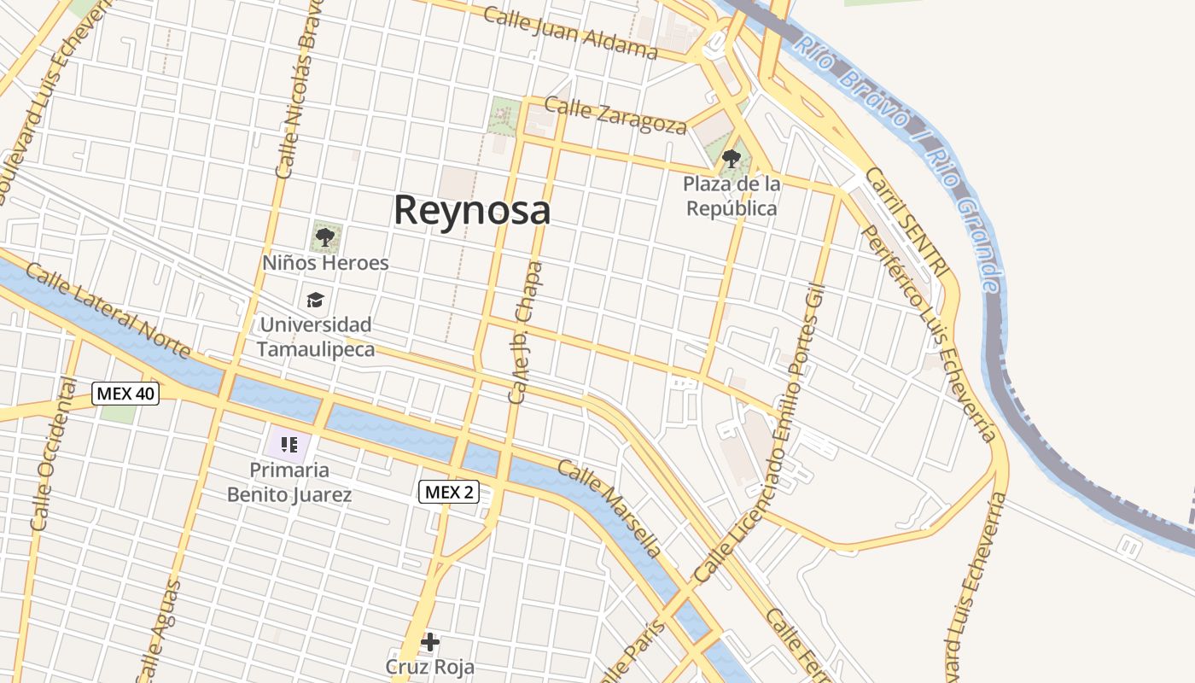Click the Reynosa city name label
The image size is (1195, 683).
[471, 210]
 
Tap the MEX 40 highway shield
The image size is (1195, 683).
[125, 394]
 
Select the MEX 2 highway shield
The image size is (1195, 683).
[449, 492]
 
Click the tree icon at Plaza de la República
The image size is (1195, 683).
[731, 158]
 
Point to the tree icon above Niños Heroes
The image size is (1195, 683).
[324, 236]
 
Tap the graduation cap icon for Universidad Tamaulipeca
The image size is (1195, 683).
[315, 300]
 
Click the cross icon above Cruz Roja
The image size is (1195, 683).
[430, 641]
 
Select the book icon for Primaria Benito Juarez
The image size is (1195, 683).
[289, 444]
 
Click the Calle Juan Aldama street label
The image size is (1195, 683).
[570, 33]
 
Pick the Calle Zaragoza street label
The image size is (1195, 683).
[615, 116]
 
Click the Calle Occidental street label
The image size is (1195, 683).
[54, 453]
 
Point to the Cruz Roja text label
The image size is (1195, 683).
[429, 666]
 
